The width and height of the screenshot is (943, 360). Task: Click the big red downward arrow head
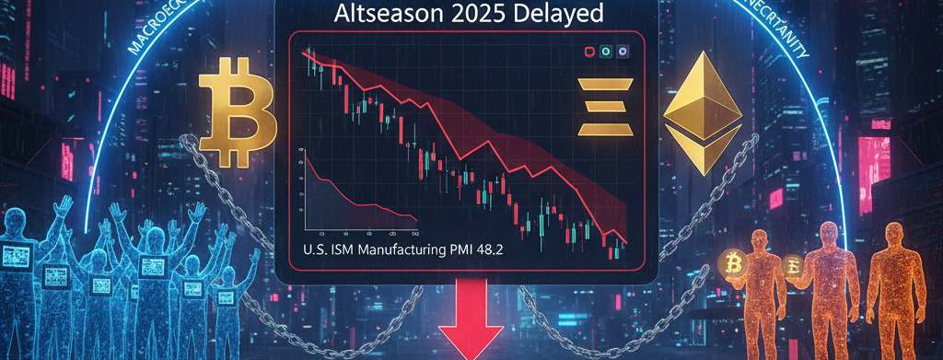(471, 336)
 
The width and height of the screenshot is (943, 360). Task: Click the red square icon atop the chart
(590, 53)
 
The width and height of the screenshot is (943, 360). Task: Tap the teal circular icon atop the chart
(607, 53)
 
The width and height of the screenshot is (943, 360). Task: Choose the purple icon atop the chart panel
(623, 53)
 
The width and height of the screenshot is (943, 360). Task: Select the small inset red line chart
(354, 193)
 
